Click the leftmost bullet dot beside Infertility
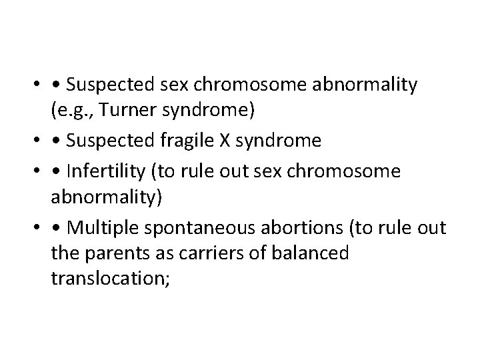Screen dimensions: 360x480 [33, 172]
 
